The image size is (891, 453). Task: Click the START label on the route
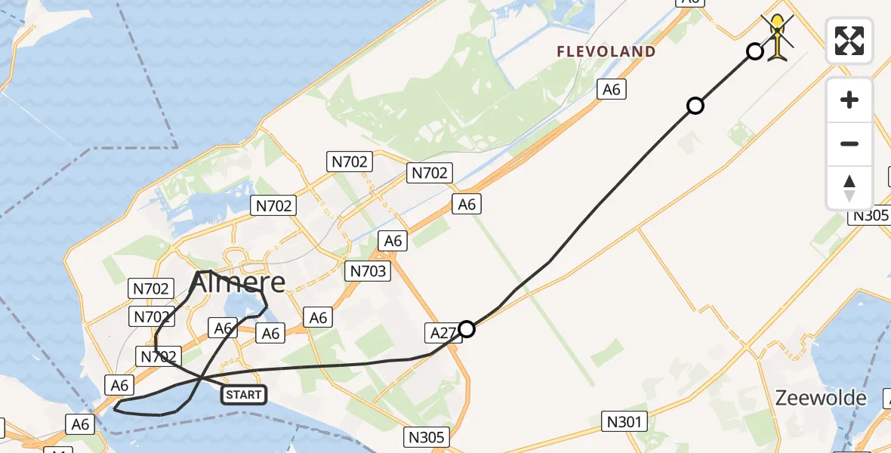244,394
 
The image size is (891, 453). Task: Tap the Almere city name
238,283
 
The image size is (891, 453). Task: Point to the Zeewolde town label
820,398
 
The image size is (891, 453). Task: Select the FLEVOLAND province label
606,52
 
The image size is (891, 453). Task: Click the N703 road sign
368,271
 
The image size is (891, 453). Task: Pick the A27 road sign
442,332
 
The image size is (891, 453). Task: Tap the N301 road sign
624,421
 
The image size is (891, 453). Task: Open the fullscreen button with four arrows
849,41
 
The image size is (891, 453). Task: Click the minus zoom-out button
849,143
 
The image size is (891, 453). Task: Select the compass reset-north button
849,187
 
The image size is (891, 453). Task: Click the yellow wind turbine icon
778,36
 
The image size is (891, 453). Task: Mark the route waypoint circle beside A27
467,329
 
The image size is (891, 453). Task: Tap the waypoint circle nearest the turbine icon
754,51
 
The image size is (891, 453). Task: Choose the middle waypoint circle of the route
695,106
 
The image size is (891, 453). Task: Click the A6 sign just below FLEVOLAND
611,90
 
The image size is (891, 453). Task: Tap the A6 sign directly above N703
393,241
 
